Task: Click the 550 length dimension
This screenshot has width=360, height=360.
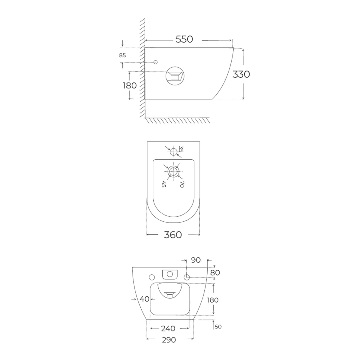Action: click(x=184, y=39)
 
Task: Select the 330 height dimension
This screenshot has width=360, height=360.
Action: click(x=241, y=74)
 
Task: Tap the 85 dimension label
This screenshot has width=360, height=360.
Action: click(x=122, y=55)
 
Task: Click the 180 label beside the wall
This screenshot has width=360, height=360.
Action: click(x=130, y=85)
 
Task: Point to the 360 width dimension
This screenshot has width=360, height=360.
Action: click(x=173, y=235)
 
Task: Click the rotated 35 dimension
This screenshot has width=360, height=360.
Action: click(x=181, y=149)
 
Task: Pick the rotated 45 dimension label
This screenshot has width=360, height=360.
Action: click(x=164, y=184)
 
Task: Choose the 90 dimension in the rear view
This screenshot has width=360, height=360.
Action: click(x=196, y=260)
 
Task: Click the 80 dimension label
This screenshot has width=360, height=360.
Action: click(x=215, y=273)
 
